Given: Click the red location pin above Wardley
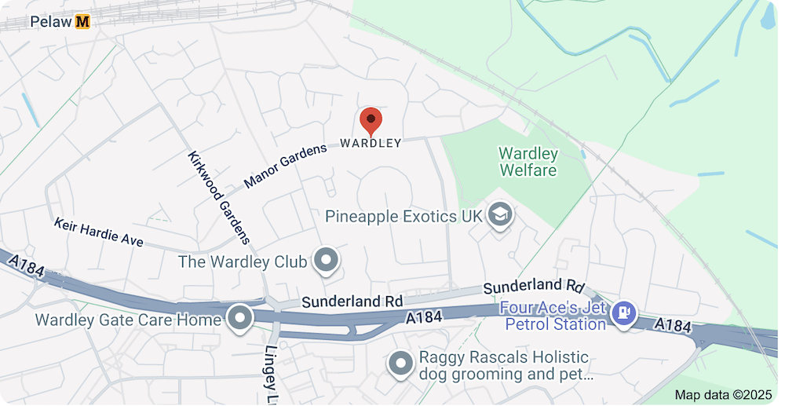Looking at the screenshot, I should point(371,120).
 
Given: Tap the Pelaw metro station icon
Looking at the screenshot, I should point(82,22).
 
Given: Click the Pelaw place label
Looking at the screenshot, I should point(51,22).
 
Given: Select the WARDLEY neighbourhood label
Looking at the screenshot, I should point(371,143).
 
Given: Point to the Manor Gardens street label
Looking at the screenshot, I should point(284,166).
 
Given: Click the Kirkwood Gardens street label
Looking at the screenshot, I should point(219,197).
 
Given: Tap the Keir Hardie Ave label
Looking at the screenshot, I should point(98,232).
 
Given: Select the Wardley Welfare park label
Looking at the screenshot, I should point(528,162).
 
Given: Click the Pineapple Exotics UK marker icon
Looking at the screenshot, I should point(499,214).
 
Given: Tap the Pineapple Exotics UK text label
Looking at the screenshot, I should point(403,215).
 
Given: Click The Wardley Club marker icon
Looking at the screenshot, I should point(325,259).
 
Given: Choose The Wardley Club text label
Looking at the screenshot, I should point(243,262).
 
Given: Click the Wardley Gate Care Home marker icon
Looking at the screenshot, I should point(239,318).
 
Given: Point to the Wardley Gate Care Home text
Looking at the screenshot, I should point(128,320).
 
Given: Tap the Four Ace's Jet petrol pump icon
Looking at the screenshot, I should point(624,313).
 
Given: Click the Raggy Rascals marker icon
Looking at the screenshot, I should point(401,363).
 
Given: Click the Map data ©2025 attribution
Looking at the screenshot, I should point(724,394).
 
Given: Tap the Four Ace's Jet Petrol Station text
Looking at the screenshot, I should point(554,316).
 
